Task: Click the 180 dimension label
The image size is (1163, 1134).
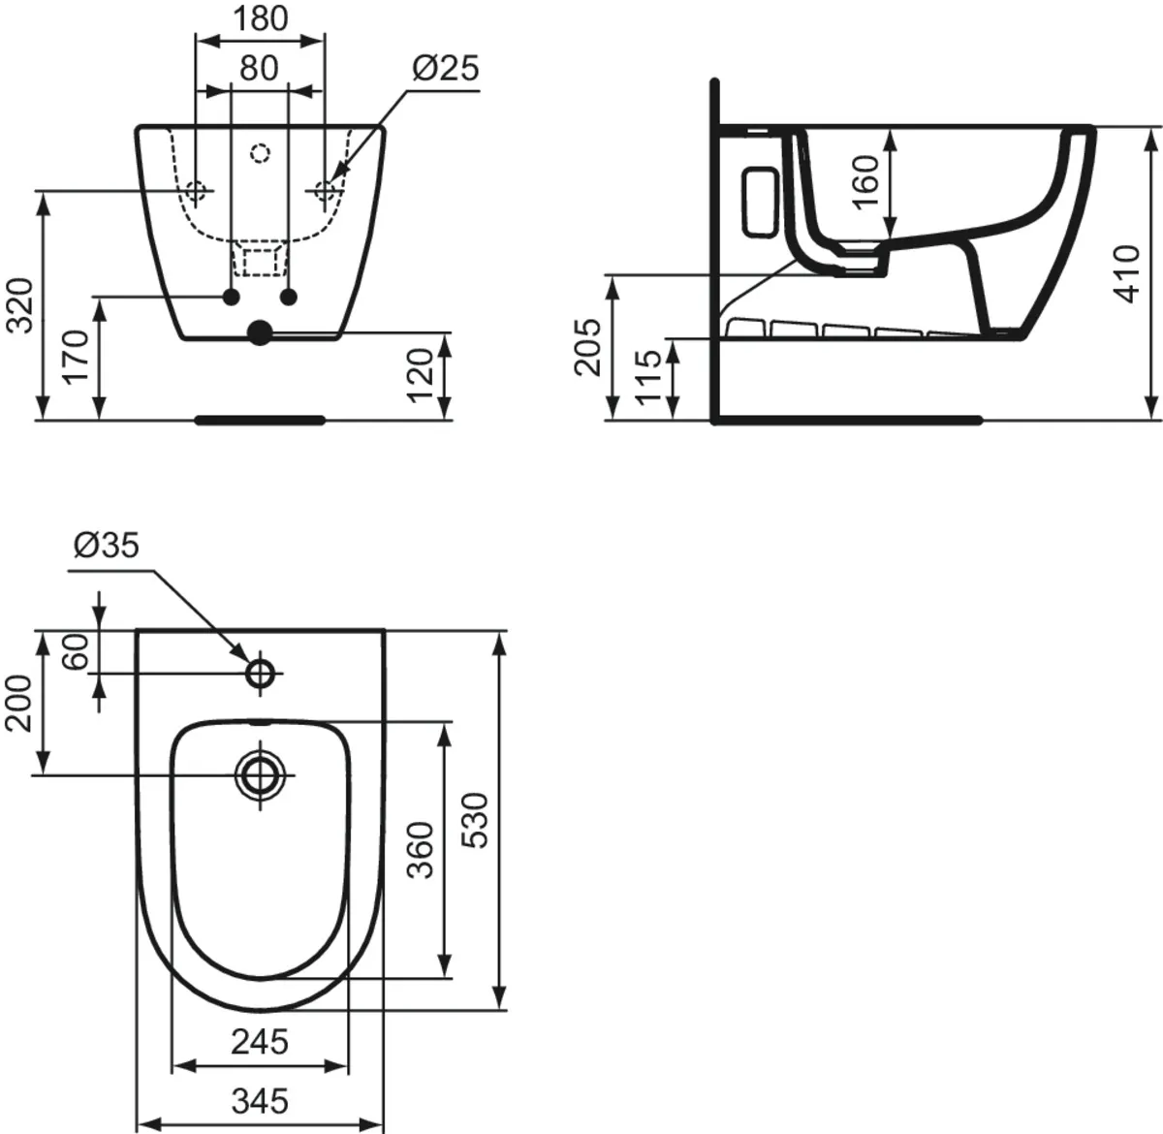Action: (x=260, y=18)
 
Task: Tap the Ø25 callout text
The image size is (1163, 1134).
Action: (x=445, y=68)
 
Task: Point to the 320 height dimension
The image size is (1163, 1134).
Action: (x=20, y=304)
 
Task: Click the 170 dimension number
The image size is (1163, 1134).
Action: (x=77, y=357)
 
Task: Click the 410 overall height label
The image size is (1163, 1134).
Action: (x=1127, y=273)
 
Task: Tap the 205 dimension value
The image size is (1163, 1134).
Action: (x=587, y=346)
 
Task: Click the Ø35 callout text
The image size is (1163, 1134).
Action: (x=107, y=547)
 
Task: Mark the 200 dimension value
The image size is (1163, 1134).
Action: (x=20, y=703)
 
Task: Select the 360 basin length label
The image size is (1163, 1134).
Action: (x=419, y=849)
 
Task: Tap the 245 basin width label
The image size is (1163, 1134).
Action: (x=260, y=1042)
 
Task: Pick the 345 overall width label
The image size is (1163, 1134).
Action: (x=260, y=1101)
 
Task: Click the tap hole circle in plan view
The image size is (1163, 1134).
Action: (x=261, y=673)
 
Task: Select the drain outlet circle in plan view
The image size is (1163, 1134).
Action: (x=261, y=774)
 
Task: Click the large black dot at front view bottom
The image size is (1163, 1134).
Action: (x=260, y=332)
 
